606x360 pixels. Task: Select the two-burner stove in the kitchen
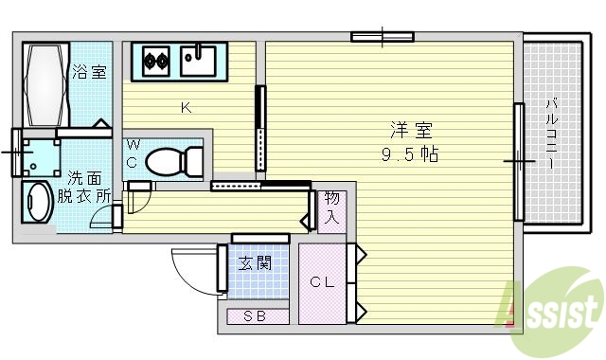(x=155, y=63)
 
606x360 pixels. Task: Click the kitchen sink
(x=200, y=63)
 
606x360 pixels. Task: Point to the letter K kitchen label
(x=187, y=107)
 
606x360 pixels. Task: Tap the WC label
(x=133, y=153)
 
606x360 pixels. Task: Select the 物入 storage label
(x=331, y=209)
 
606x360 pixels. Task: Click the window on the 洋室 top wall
(x=383, y=38)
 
